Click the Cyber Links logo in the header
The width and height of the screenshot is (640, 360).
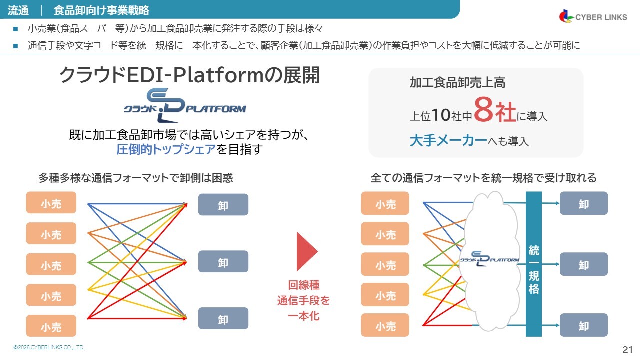pos(592,17)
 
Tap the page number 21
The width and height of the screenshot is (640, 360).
pos(628,349)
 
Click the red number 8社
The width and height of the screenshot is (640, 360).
pos(495,111)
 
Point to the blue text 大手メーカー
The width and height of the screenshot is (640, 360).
pos(448,141)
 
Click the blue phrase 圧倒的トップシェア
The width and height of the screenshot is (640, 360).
pos(166,149)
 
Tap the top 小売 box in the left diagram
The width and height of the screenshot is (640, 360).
pos(51,203)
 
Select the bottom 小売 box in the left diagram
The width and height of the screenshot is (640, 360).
pos(51,326)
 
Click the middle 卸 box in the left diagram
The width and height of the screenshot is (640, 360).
pos(223,262)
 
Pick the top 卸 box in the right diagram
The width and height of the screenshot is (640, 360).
pos(583,203)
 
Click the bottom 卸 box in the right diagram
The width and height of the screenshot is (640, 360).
pos(583,325)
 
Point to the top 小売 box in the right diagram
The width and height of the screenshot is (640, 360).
pos(385,203)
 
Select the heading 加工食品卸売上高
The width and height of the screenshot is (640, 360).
pos(457,83)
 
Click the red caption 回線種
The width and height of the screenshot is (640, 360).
pos(303,285)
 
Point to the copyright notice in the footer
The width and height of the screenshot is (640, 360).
pos(49,347)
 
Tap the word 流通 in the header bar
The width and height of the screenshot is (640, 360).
pos(18,9)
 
